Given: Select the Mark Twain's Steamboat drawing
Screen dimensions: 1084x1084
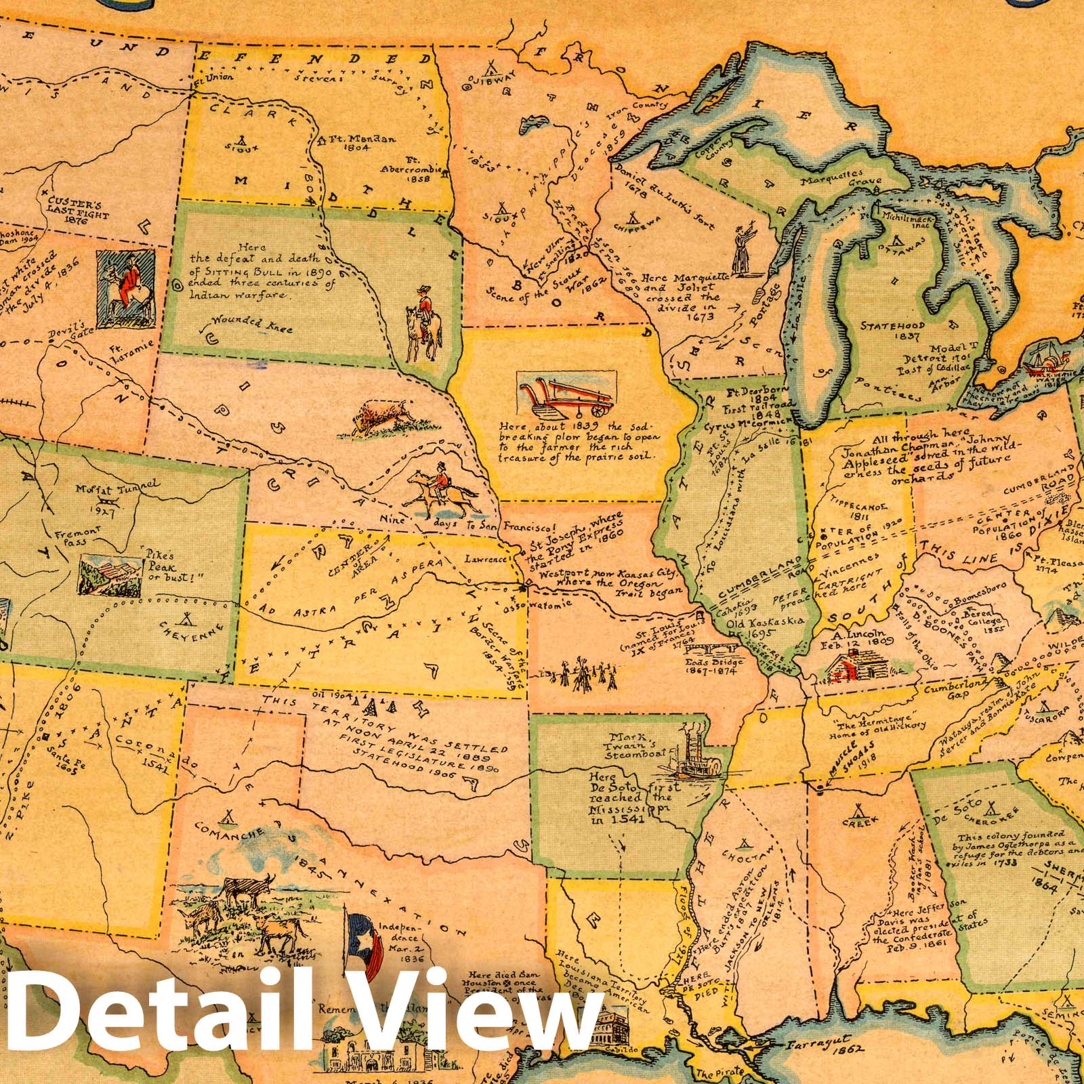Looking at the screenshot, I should pos(686,751).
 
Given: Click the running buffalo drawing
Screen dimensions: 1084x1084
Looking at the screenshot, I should pos(381,415).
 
